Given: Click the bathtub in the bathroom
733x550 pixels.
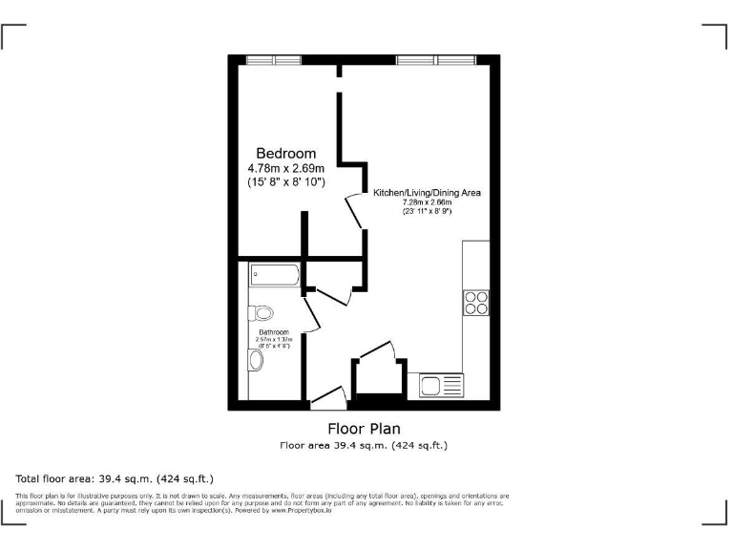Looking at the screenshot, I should (275, 276).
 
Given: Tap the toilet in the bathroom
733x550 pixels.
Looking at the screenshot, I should (262, 312).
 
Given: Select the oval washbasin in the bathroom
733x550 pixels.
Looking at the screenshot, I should (255, 360).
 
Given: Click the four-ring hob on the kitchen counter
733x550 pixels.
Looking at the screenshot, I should (476, 302).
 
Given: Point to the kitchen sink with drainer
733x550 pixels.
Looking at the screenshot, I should (441, 386).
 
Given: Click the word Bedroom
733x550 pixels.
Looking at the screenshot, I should (285, 153).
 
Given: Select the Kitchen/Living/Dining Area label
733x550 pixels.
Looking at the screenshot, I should (427, 193).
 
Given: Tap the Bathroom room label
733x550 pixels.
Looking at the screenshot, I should (273, 332).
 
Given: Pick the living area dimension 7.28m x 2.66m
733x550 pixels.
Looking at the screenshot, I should (427, 202).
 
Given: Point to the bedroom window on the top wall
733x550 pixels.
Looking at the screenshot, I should (274, 60).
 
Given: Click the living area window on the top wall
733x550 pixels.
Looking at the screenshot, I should (436, 60).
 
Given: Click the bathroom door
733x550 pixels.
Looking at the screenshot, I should (308, 306).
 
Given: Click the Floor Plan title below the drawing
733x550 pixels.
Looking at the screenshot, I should (364, 428).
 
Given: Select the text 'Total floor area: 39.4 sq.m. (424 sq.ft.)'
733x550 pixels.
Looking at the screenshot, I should (115, 477).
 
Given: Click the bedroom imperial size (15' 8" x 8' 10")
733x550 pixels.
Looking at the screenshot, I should (285, 181).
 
